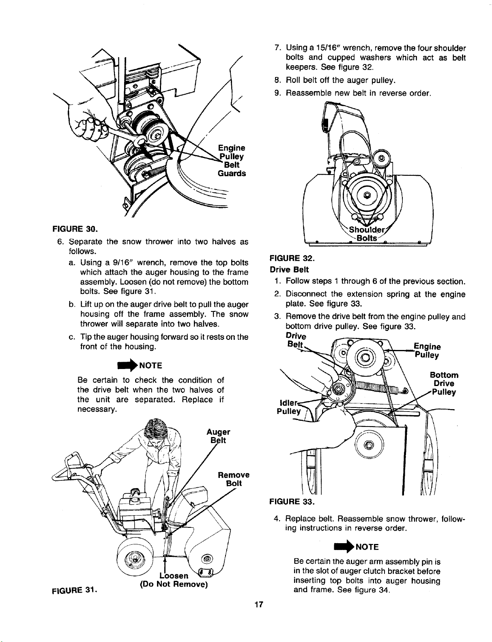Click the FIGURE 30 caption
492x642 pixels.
[75, 228]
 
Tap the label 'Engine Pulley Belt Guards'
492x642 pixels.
[232, 160]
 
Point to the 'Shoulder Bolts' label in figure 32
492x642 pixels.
[367, 234]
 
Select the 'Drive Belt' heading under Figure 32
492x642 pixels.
[289, 269]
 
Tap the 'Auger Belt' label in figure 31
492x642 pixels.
[218, 436]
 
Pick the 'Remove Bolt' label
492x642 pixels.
[233, 479]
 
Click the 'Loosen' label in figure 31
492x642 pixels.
[174, 575]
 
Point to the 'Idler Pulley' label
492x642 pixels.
[289, 407]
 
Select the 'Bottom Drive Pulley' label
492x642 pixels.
[444, 383]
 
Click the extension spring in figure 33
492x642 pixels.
[377, 388]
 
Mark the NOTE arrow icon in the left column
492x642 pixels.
[128, 365]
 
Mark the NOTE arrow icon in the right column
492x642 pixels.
[344, 546]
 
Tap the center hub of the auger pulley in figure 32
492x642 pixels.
[367, 195]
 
